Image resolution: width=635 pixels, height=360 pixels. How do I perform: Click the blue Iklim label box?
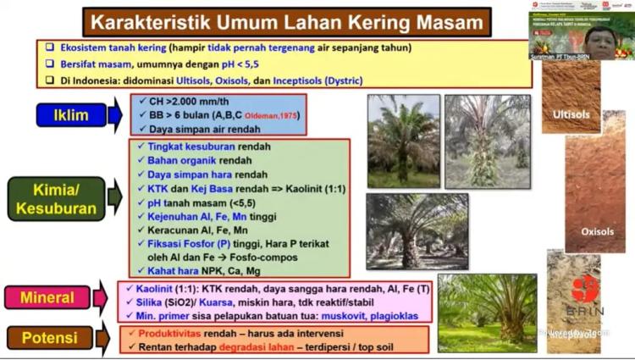point(71,115)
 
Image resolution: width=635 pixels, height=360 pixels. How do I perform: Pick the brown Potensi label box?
point(49,338)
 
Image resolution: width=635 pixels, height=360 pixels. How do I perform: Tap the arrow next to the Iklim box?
point(116,115)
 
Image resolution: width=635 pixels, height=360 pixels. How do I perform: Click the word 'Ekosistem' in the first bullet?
point(77,47)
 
